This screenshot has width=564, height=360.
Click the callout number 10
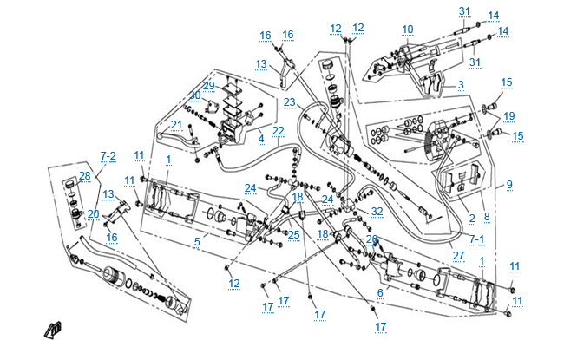point(408,29)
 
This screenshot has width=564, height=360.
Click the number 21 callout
point(176,124)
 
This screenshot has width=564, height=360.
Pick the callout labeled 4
point(260,137)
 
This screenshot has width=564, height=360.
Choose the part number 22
point(278,131)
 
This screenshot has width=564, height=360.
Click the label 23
point(289,101)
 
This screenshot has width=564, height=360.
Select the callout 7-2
point(108,155)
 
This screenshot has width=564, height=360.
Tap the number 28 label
point(84,176)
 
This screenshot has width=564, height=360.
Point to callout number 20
point(93,213)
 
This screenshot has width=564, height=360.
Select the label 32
point(377,211)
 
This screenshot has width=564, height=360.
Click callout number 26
point(371,239)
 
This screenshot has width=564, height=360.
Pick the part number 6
point(379,293)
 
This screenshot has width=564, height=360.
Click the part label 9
point(509,184)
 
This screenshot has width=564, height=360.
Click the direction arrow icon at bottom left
point(54,329)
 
